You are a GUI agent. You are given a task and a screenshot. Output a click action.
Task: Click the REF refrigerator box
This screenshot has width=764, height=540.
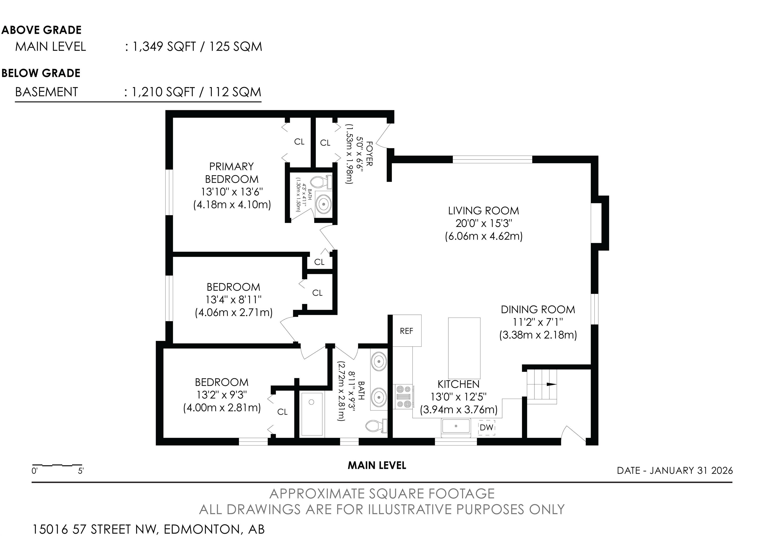click(x=407, y=330)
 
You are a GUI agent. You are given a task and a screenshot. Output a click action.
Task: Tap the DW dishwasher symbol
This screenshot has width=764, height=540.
click(x=486, y=428)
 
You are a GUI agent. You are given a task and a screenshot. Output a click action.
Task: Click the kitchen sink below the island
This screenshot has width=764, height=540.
click(x=456, y=428)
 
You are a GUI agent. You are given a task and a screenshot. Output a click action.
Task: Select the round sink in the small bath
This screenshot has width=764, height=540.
click(x=323, y=204)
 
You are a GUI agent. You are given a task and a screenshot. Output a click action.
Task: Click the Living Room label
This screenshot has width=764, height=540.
click(x=483, y=211)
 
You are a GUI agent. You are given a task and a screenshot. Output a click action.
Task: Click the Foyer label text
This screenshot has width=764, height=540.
click(x=369, y=154)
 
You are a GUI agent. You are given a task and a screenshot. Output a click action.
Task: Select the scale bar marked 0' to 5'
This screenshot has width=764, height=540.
click(x=57, y=465)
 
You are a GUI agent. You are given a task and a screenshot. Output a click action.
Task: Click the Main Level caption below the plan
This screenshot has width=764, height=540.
click(x=377, y=465)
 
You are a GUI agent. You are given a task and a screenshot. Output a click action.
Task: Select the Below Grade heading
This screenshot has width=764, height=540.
click(x=41, y=73)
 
